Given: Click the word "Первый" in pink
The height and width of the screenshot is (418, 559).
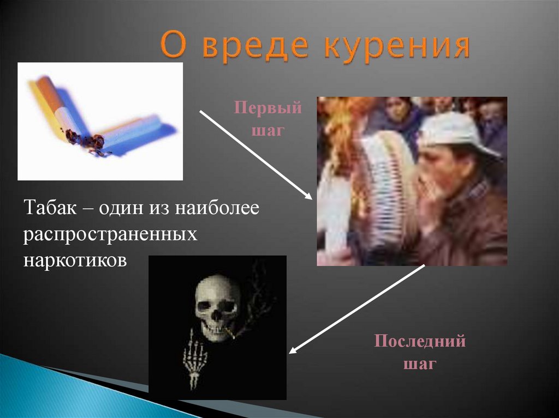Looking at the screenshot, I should pos(268,108).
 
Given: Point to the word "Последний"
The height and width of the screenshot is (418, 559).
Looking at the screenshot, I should pos(420,342).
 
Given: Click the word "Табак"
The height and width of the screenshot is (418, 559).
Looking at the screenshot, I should pos(47,209).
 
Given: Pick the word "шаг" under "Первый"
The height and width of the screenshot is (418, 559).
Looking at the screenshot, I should pos(268,131).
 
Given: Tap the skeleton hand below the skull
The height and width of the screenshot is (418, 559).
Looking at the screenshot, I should pos(194,357).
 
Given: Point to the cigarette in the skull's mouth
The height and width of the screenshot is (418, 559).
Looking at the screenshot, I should pos(230,331).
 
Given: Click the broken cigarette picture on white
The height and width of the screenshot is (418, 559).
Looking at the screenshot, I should pos(100,121).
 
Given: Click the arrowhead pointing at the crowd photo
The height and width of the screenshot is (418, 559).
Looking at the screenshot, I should pos(309,197).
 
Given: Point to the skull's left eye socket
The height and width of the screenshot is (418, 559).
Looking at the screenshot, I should pos(206,306).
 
